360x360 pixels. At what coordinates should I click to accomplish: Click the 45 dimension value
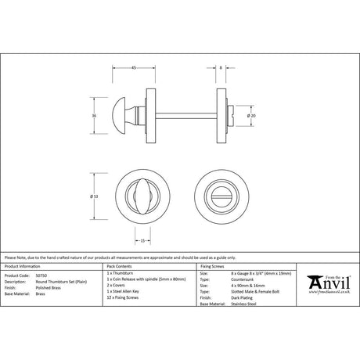(x=135, y=68)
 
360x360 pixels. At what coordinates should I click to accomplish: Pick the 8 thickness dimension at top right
(x=221, y=68)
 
